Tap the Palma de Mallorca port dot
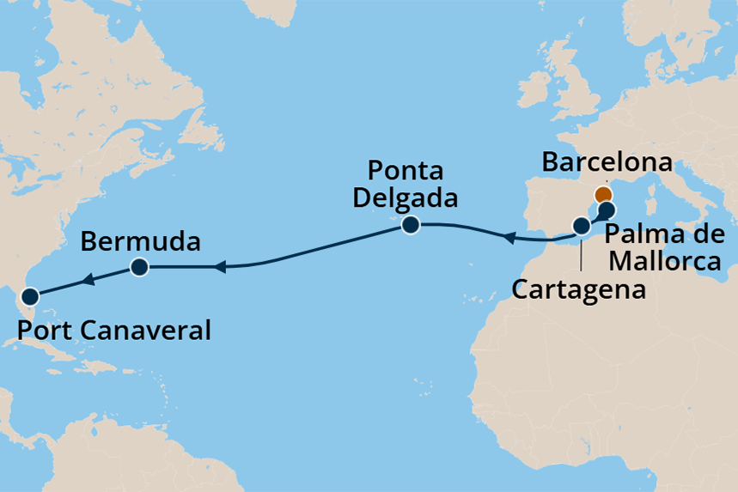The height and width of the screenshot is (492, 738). tap(607, 210)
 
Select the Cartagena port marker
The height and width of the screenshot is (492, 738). tap(582, 227)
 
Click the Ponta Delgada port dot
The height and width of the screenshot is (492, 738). tap(410, 226)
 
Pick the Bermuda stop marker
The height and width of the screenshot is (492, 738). tap(138, 267)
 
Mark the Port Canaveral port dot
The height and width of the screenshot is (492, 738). tap(30, 297)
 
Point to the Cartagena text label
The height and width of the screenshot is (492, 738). tap(578, 289)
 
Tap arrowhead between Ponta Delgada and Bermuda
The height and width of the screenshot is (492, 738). tap(218, 268)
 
